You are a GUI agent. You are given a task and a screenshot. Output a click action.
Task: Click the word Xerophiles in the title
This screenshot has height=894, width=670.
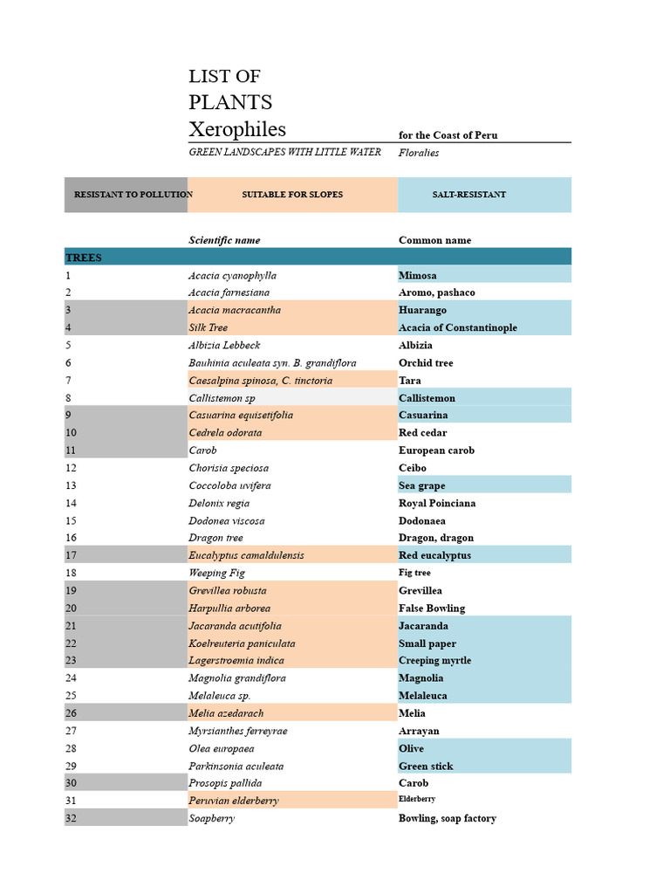[237, 129]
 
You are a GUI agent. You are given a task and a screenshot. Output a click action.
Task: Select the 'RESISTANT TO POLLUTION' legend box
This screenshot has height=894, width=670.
[126, 195]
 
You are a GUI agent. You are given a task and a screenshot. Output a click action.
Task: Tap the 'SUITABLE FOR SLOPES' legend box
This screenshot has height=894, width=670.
[292, 195]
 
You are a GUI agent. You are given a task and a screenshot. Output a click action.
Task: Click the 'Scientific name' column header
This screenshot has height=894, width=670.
[224, 240]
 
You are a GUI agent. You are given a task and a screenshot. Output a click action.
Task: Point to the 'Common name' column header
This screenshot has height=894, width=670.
[434, 240]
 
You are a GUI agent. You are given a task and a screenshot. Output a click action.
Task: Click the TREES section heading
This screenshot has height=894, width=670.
[84, 258]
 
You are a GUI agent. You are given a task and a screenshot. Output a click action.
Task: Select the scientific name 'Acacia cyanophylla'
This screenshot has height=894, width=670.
[232, 276]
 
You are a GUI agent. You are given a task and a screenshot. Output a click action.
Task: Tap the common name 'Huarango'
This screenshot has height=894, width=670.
[422, 310]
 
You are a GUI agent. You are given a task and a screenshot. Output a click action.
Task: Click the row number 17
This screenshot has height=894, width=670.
[71, 555]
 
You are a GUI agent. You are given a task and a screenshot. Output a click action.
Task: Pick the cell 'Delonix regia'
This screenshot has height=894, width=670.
[219, 503]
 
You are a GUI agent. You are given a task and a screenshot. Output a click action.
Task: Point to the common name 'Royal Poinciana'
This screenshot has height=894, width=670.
[437, 503]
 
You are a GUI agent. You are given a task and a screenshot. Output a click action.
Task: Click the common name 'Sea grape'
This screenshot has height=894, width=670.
[422, 485]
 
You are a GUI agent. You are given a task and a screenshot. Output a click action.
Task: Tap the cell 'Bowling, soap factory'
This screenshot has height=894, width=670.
[448, 818]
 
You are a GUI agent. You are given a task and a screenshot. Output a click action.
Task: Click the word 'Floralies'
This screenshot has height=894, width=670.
[419, 153]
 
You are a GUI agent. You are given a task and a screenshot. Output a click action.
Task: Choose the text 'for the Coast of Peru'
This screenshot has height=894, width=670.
[448, 135]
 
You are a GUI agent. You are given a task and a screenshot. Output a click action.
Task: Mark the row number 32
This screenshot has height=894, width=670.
[71, 818]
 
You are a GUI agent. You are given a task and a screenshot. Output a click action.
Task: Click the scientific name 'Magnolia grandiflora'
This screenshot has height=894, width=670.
[237, 677]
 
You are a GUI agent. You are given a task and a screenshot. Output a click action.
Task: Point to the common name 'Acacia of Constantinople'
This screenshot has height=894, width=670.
[458, 327]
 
